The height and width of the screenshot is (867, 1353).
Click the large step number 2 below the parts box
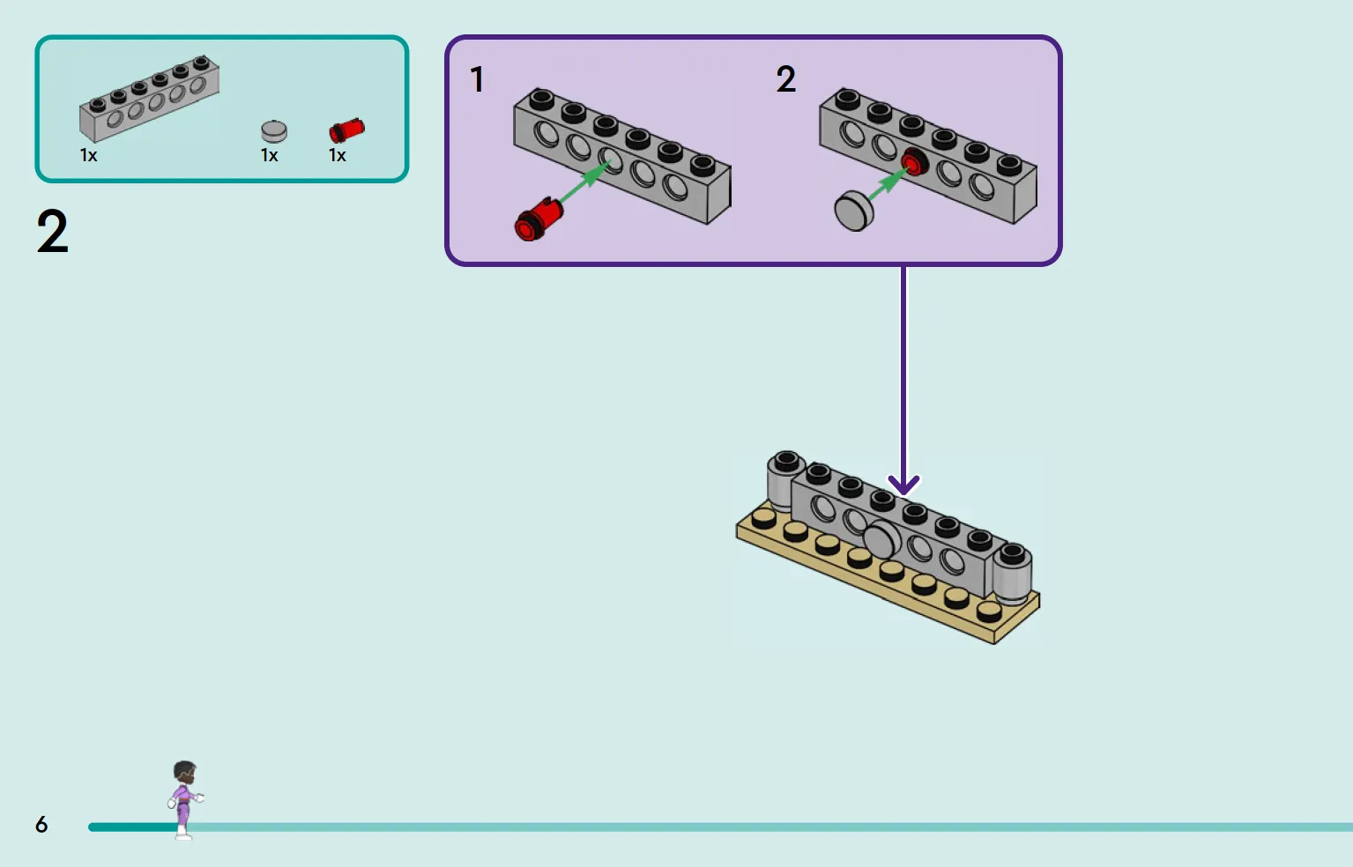point(53,231)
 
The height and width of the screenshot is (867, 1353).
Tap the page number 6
point(41,824)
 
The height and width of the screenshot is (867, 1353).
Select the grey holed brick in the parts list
point(149,99)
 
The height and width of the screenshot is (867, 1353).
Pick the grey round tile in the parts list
point(273,131)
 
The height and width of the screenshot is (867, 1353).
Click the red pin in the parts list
point(346,130)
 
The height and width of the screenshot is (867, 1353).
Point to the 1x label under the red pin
point(337,156)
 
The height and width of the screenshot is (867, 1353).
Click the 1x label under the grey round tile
point(270,156)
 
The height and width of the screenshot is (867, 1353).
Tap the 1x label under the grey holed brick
point(89,156)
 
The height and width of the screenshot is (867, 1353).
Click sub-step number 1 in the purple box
point(477,79)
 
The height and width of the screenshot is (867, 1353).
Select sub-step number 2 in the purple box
point(786,79)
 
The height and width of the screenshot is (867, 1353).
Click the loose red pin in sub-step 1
point(539,219)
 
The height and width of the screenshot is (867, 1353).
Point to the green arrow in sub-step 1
point(584,182)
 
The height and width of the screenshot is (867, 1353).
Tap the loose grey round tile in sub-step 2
point(853,210)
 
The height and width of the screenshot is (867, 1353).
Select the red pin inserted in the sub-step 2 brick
point(914,163)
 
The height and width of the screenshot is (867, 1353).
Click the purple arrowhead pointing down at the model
point(903,485)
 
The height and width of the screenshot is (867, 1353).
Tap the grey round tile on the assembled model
point(882,538)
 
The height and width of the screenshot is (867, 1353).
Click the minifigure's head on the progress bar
point(185,772)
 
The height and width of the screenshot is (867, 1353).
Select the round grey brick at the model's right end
point(1013,573)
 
